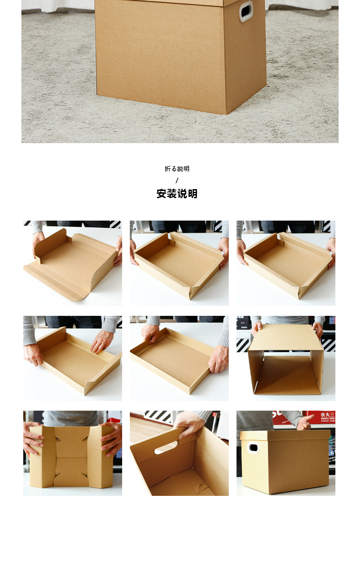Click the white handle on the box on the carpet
tap(246, 11)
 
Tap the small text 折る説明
tap(177, 169)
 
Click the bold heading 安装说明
tap(177, 194)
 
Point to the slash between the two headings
tap(177, 180)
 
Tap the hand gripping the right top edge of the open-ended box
tap(317, 328)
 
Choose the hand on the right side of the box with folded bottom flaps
tap(112, 438)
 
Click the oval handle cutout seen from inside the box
tap(166, 447)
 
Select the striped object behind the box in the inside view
tap(158, 416)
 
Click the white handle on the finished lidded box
tap(252, 448)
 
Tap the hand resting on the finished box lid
tap(304, 423)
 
